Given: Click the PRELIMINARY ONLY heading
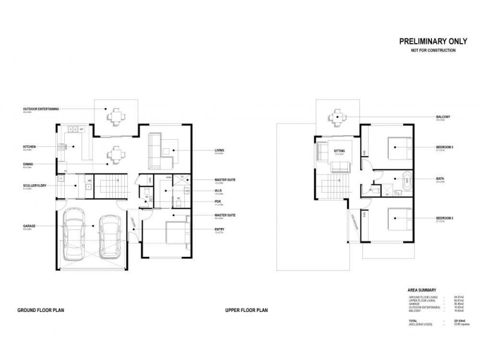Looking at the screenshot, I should (x=428, y=42).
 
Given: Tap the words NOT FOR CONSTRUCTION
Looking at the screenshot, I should (x=428, y=51).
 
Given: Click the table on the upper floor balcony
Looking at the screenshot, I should (x=337, y=117).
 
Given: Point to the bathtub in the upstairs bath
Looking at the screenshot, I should (x=407, y=178).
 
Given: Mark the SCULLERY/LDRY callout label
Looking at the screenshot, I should (x=35, y=185).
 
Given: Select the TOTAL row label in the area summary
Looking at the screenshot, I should (x=413, y=321).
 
